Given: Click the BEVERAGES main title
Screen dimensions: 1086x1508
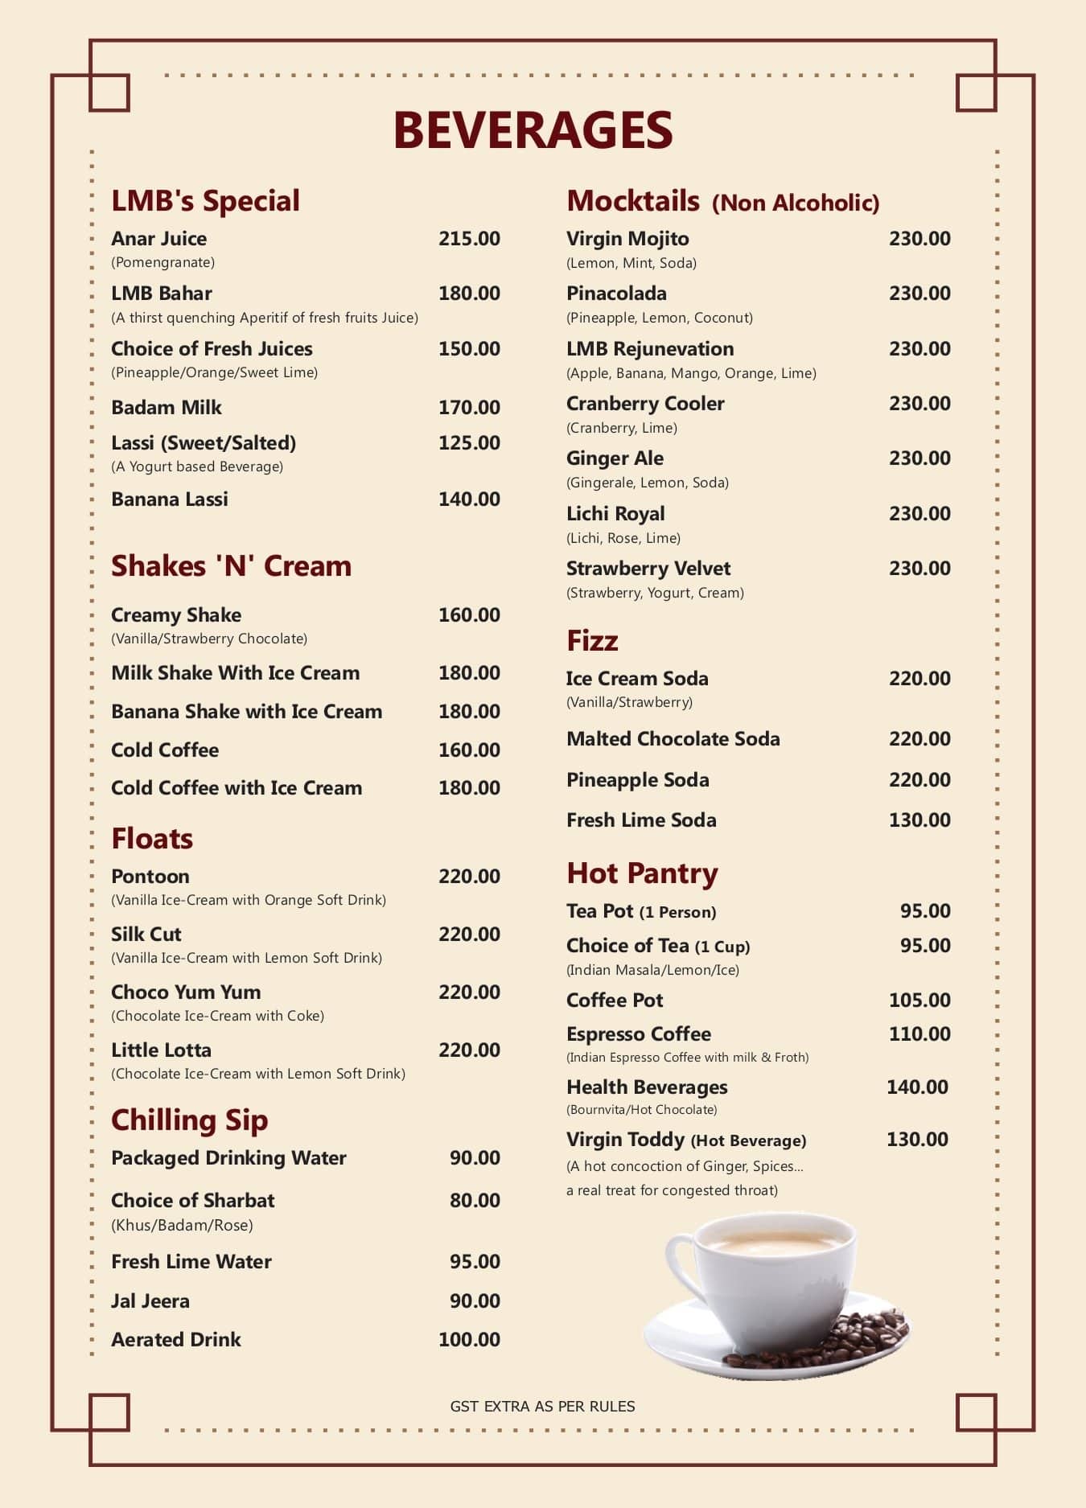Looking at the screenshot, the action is pos(533,130).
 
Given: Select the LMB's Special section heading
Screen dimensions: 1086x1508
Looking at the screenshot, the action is pos(205,200).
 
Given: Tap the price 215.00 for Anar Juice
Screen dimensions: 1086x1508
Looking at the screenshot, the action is pos(469,239).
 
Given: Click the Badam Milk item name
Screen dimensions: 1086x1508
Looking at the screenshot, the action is pos(167,407).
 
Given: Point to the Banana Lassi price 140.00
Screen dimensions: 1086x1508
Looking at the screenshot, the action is pos(469,499).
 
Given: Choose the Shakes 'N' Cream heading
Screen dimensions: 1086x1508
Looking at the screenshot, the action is pos(231,566).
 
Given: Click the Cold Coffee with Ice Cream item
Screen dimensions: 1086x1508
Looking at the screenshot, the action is pos(237,788).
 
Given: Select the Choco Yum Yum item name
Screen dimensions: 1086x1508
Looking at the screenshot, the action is pos(186,992).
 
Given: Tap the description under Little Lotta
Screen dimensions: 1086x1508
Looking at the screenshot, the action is pos(258,1074).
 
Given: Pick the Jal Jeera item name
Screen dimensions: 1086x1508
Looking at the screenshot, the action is pos(150,1301).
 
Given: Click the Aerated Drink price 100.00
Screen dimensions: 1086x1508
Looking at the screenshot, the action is pos(469,1340).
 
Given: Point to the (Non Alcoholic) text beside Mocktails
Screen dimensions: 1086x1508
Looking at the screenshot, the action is pos(796,203).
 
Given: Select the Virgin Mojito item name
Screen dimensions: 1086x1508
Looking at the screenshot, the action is pos(627,239).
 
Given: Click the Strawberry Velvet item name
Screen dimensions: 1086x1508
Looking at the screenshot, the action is pos(648,569).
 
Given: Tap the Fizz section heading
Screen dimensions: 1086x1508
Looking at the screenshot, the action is pos(592,641).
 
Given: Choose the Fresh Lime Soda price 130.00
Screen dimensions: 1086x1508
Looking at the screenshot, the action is pos(919,820).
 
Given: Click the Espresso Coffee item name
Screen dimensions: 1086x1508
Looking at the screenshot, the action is pos(639,1034).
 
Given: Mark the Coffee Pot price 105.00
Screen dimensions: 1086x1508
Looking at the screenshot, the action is pos(919,1001).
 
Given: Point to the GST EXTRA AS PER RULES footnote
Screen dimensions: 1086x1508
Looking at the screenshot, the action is pos(542,1407).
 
